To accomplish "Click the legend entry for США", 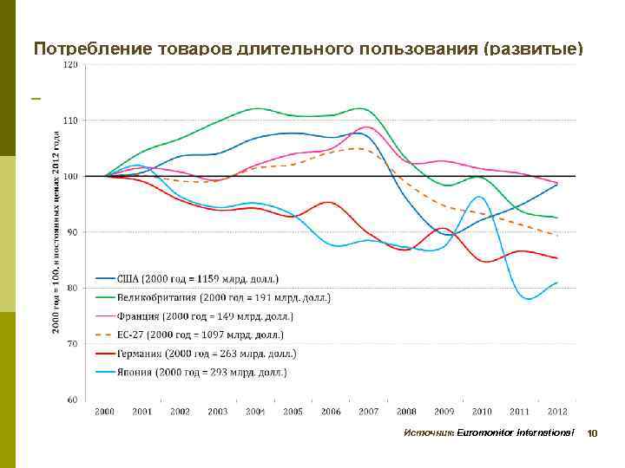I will [x=200, y=278].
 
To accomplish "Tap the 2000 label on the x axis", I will [x=104, y=411].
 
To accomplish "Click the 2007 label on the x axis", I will [x=368, y=411].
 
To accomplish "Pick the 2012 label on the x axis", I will [x=556, y=411].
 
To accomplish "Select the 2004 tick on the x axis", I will [x=255, y=411].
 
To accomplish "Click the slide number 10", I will [x=594, y=432].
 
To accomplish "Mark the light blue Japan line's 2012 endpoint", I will [x=556, y=283].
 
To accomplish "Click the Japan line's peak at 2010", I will [x=480, y=197].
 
